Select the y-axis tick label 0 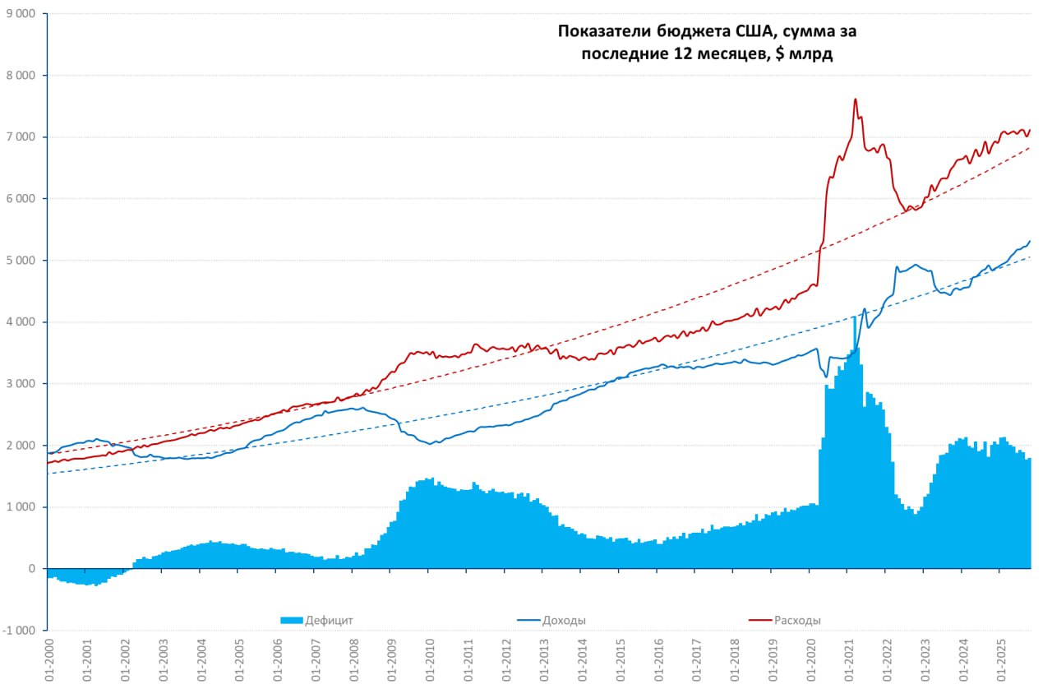[x=33, y=569]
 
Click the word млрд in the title [x=815, y=54]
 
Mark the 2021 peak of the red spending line [x=856, y=99]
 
